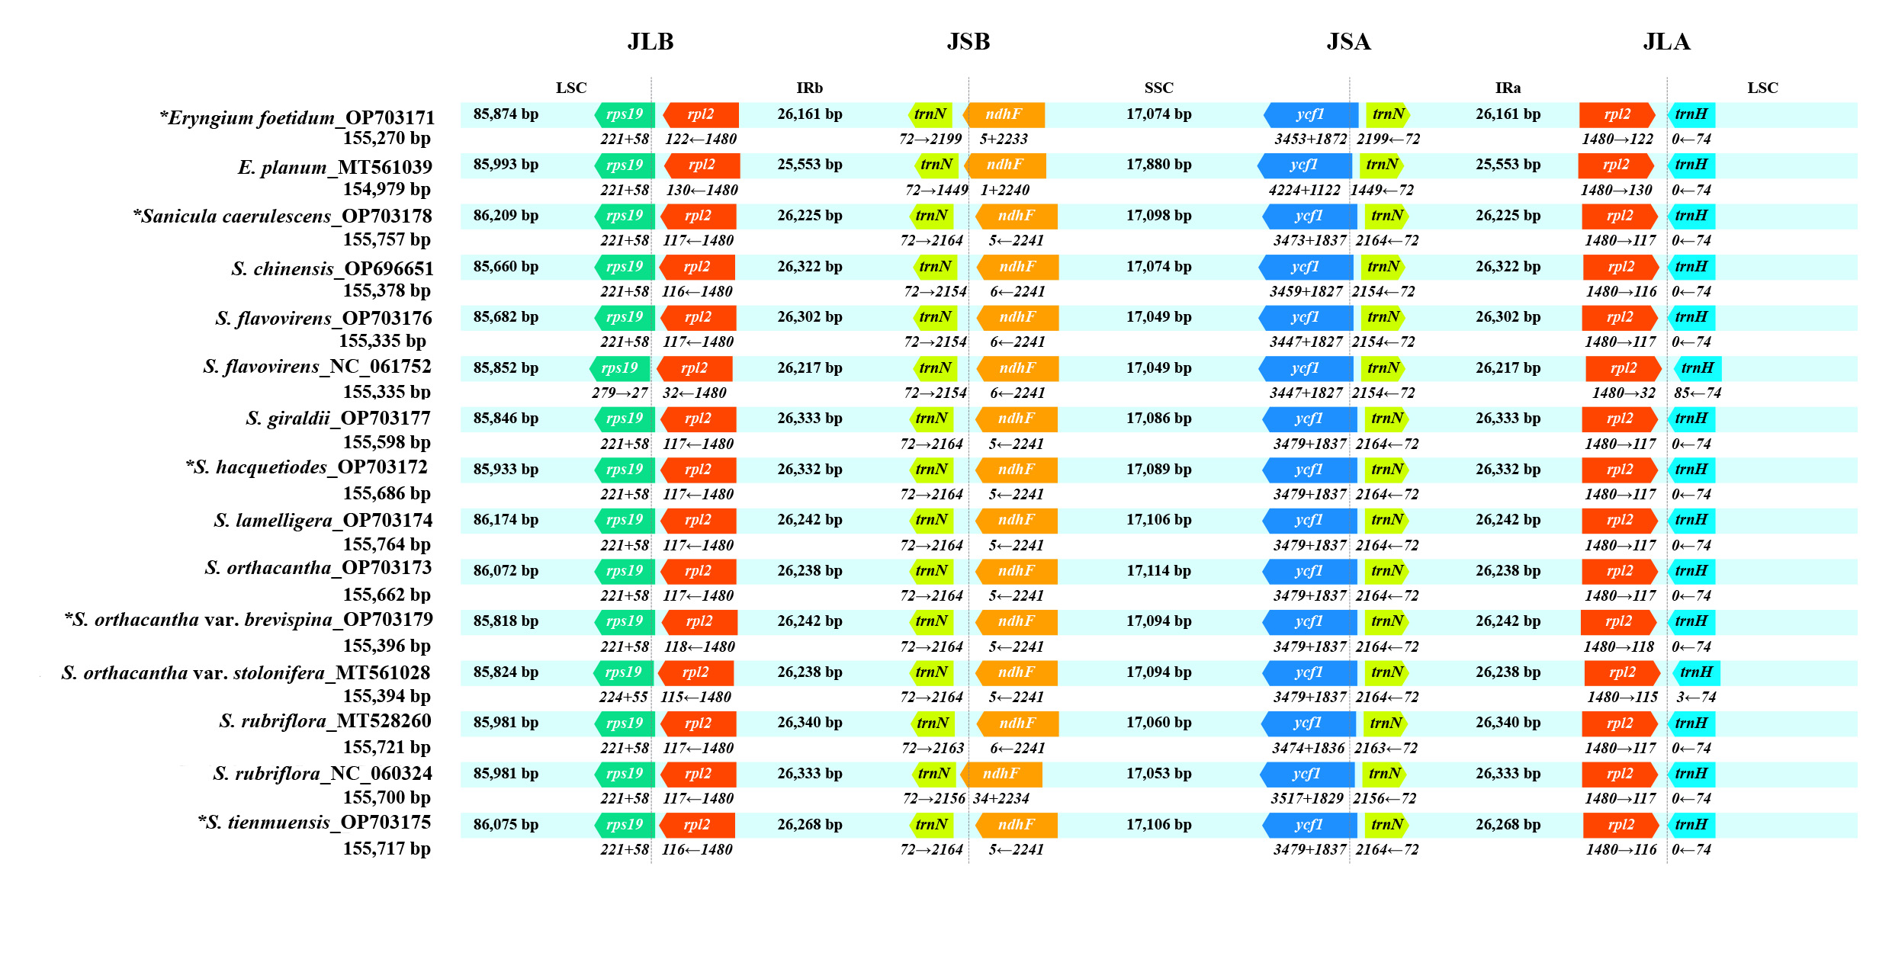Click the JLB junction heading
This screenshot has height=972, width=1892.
click(x=650, y=42)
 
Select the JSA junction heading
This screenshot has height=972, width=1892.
click(x=1348, y=42)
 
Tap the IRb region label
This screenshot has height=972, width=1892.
click(x=809, y=88)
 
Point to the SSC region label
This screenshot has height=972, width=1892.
click(x=1158, y=88)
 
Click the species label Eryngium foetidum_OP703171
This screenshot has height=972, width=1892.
click(x=297, y=117)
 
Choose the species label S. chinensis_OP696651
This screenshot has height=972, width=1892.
click(x=332, y=268)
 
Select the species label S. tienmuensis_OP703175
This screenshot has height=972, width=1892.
click(x=314, y=823)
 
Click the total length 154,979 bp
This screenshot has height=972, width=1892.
click(x=387, y=188)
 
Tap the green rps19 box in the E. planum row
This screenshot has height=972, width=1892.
click(x=625, y=165)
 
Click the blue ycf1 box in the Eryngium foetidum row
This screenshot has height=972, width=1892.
click(x=1310, y=114)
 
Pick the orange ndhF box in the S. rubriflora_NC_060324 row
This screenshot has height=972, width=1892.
click(x=1001, y=774)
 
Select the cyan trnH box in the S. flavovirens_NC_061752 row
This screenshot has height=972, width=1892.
click(x=1698, y=368)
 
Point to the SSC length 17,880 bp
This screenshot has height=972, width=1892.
click(x=1158, y=165)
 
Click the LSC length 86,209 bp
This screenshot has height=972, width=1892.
click(x=506, y=216)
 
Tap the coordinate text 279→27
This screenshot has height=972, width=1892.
click(x=619, y=393)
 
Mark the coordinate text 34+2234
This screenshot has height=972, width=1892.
click(x=1001, y=798)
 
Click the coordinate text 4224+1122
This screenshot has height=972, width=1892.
click(x=1304, y=190)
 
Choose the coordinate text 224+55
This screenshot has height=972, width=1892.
click(x=623, y=697)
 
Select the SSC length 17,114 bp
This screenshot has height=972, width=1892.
click(x=1158, y=570)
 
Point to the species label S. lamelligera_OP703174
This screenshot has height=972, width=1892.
click(x=323, y=521)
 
